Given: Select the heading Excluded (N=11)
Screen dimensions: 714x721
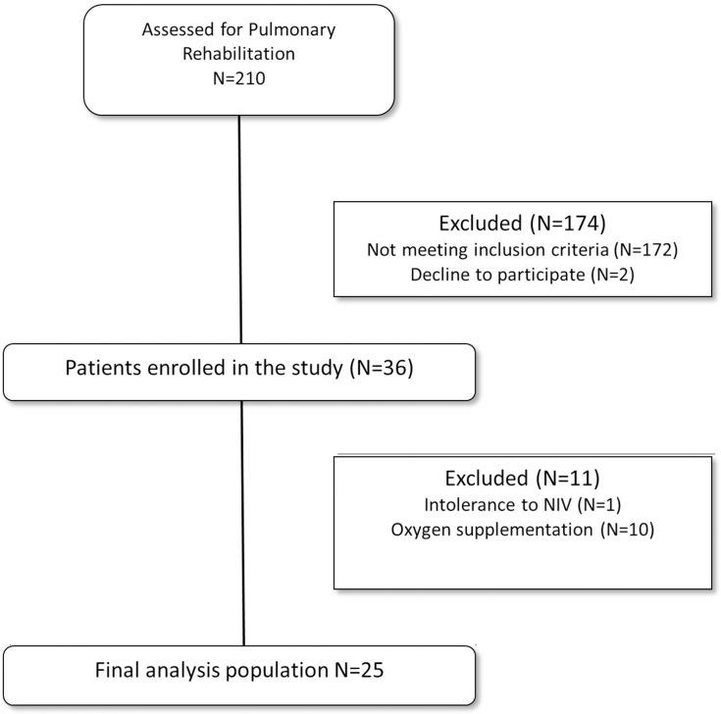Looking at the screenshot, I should click(523, 480).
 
